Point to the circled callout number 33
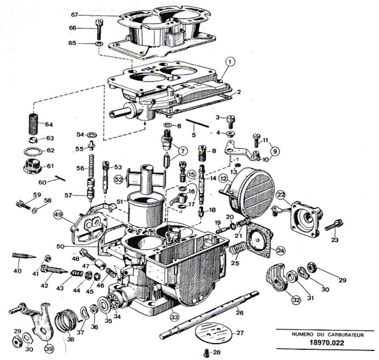[174, 316]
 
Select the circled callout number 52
[118, 180]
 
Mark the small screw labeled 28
[207, 352]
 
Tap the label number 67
[75, 15]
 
